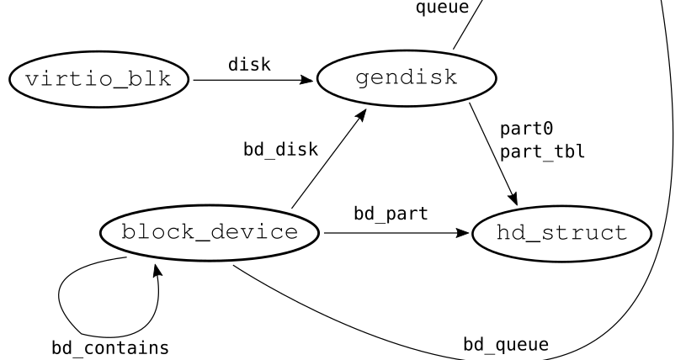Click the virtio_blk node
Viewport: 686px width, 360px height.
99,81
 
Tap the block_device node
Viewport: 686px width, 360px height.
209,233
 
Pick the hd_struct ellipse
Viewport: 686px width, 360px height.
561,233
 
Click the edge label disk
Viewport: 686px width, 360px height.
249,65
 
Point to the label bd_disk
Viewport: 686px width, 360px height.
280,151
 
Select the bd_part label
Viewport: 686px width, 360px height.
390,214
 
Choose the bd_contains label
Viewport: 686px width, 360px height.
107,347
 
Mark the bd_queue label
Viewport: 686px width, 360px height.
506,344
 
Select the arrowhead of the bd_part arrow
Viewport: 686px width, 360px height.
463,233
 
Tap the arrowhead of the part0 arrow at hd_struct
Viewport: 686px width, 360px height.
512,198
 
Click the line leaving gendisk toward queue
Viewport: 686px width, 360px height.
465,25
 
